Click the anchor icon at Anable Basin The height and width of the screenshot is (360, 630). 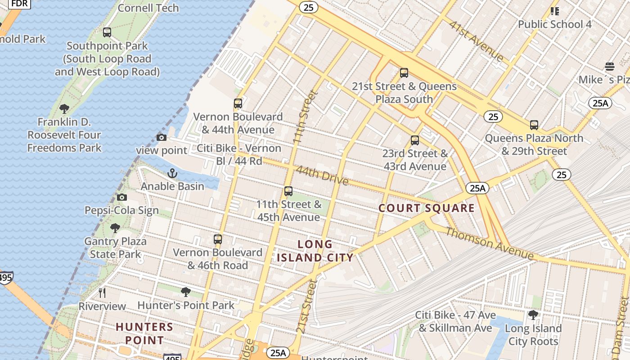click(172, 173)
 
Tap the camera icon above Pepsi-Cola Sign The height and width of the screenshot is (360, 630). click(121, 197)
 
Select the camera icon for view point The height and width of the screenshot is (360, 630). click(161, 137)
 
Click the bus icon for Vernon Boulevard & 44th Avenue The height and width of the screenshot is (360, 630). click(238, 103)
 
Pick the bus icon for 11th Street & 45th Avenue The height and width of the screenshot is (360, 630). click(288, 191)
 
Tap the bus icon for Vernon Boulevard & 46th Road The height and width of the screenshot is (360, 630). click(218, 239)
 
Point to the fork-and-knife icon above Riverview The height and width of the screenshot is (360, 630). click(102, 293)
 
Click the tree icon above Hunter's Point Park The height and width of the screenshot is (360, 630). click(185, 292)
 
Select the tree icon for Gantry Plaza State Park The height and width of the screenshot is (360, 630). click(115, 228)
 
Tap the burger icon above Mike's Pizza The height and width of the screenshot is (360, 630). click(610, 67)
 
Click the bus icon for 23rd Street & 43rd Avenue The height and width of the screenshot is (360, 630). click(415, 140)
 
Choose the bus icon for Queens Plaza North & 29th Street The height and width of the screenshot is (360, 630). click(534, 125)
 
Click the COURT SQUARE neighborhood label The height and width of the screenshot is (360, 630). click(426, 208)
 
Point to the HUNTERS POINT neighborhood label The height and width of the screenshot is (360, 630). click(144, 333)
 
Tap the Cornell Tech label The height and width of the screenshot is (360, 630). click(148, 8)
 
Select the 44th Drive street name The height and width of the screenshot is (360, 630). click(322, 175)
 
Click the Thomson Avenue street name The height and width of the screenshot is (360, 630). click(489, 243)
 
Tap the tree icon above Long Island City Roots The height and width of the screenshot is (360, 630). click(533, 315)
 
